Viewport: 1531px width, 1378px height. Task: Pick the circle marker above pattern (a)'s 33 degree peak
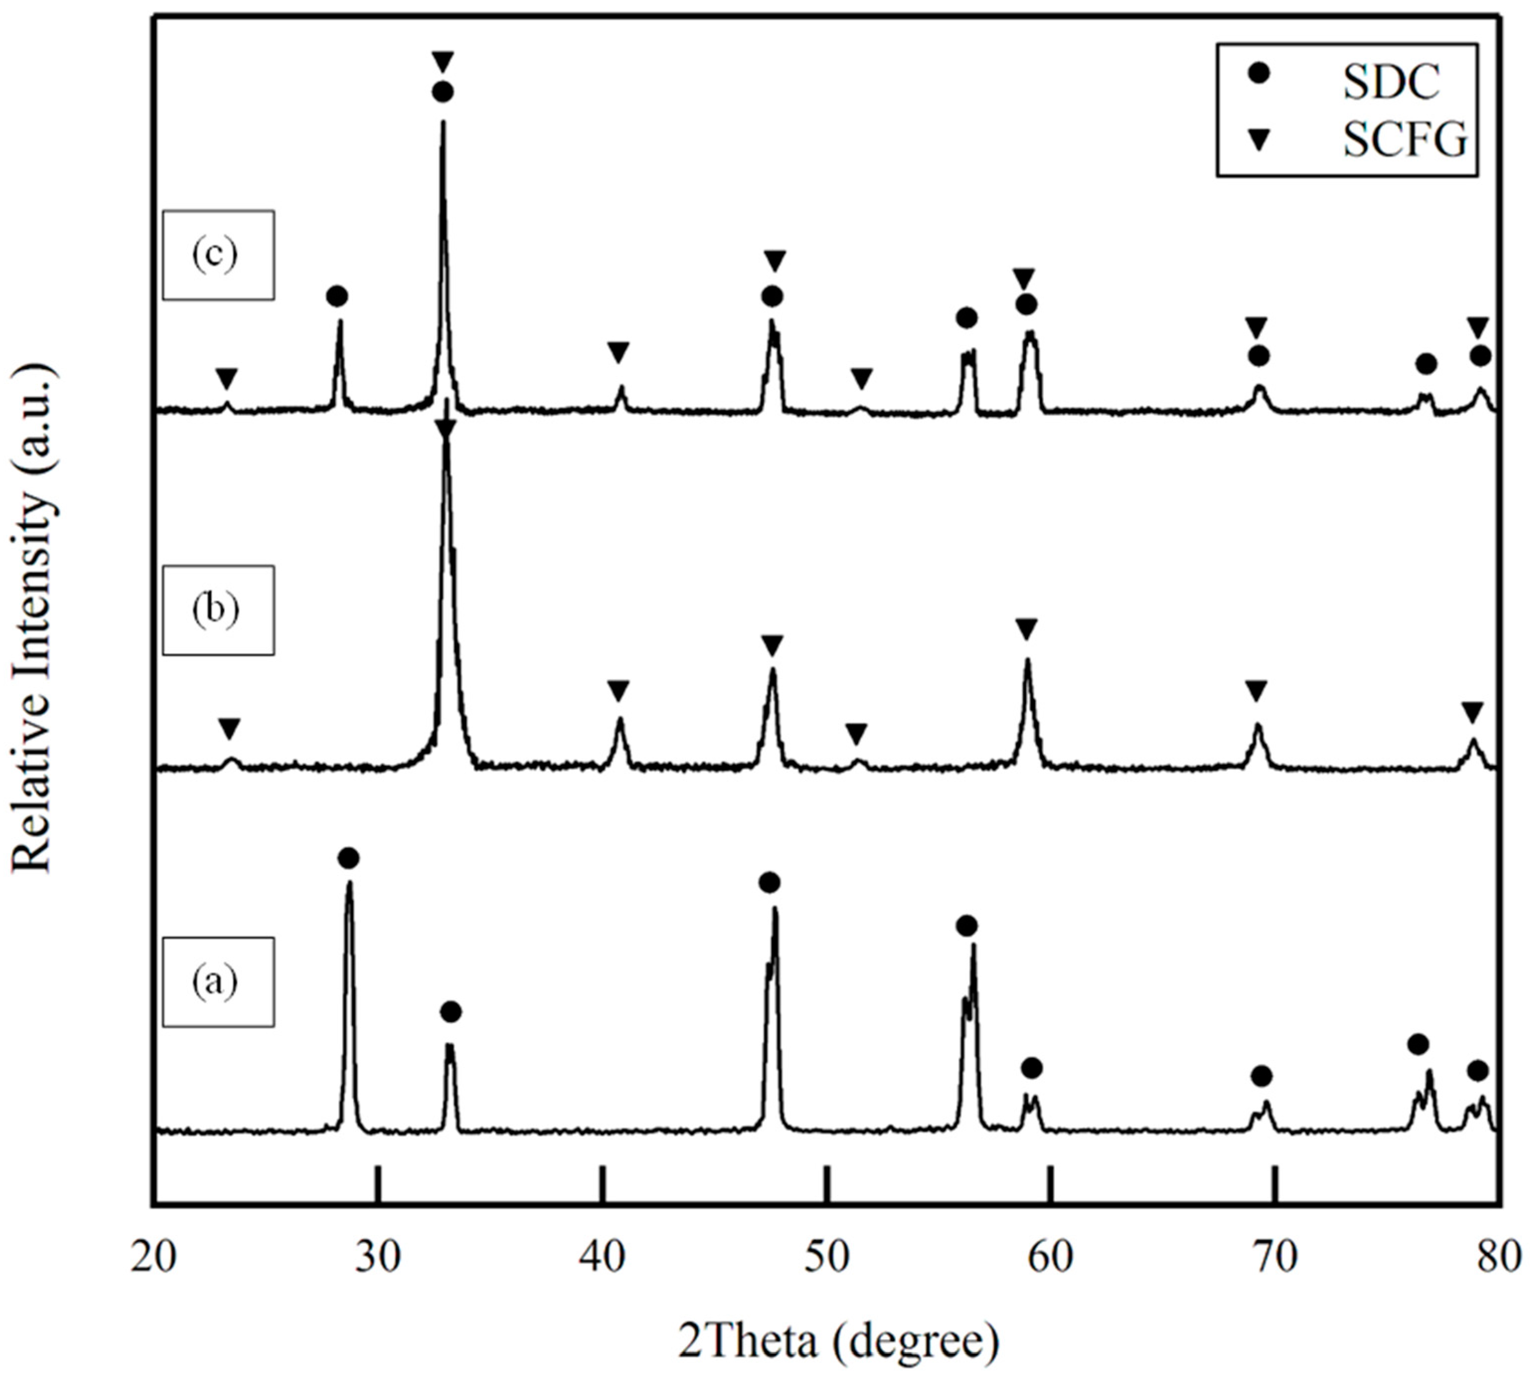point(451,1012)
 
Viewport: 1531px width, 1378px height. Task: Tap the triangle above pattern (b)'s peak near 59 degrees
point(1026,629)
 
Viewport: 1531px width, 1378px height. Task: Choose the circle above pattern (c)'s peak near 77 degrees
point(1426,365)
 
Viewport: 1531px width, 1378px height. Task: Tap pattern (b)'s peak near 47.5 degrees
point(772,670)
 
